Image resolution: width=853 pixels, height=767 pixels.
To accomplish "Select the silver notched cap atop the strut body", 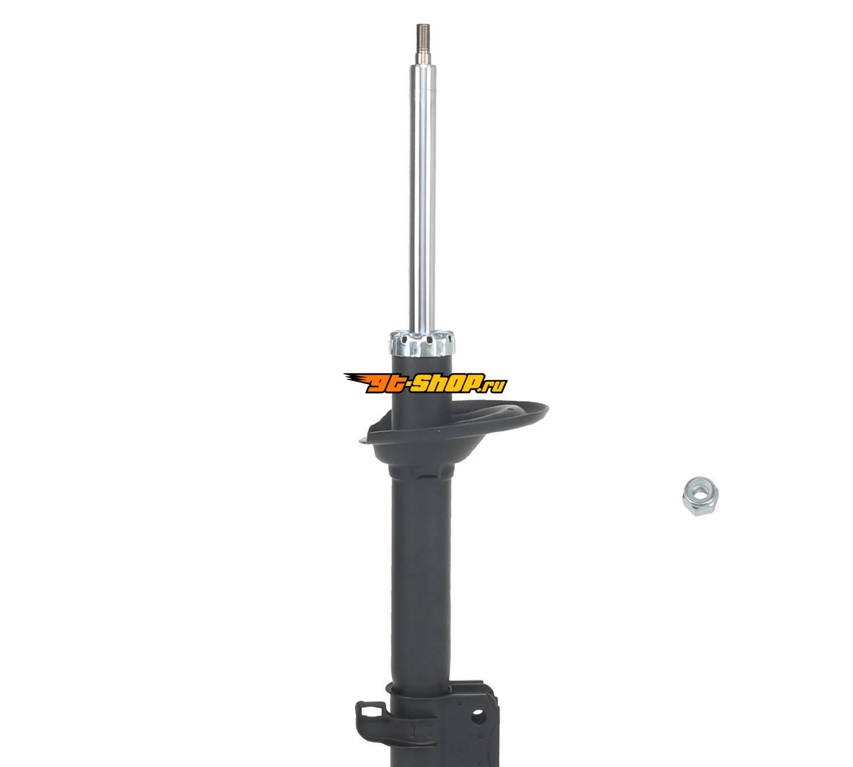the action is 423,343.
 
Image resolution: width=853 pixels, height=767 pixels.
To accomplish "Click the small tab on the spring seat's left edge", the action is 363,441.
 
